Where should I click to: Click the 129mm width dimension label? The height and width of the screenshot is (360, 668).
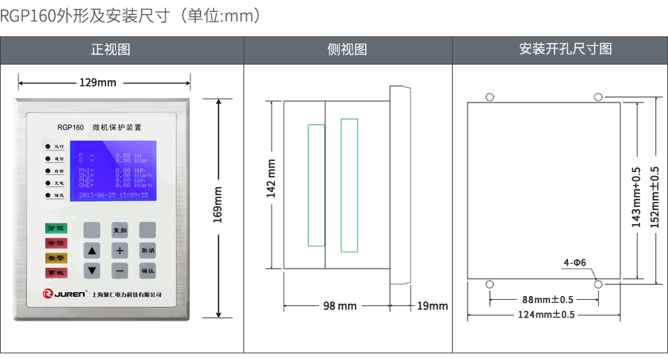pyautogui.click(x=97, y=82)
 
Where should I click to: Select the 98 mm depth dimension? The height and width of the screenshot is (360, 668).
pyautogui.click(x=340, y=306)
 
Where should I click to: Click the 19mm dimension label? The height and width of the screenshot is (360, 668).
pyautogui.click(x=432, y=306)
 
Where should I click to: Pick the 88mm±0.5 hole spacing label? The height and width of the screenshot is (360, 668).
pyautogui.click(x=548, y=300)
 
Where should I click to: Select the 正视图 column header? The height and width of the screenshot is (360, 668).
pyautogui.click(x=111, y=50)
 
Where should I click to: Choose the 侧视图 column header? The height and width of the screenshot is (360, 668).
pyautogui.click(x=347, y=50)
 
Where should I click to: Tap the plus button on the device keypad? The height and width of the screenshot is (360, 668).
pyautogui.click(x=119, y=250)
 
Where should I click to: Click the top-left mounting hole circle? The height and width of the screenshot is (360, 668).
pyautogui.click(x=489, y=96)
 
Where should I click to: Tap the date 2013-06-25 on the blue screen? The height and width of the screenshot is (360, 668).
pyautogui.click(x=97, y=194)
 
